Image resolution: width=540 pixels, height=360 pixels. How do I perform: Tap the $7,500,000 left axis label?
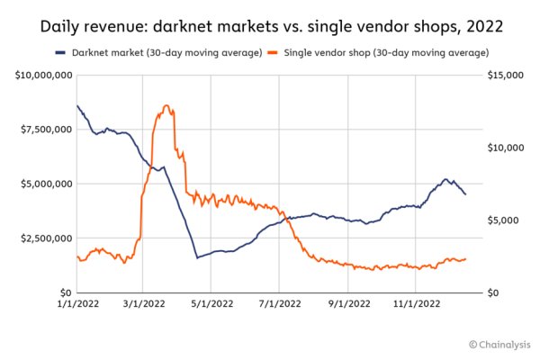[45, 130]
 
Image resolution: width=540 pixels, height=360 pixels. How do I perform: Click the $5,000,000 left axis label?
[45, 184]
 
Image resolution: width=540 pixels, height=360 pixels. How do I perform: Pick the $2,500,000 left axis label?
[45, 238]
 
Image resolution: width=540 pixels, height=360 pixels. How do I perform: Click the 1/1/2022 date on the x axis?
[76, 306]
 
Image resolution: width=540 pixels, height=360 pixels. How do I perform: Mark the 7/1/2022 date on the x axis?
[279, 306]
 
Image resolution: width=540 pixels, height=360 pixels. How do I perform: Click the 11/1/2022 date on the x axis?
[417, 306]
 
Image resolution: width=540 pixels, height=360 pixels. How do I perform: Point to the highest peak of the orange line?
[166, 105]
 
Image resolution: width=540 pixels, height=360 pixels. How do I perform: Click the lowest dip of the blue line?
[197, 258]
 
